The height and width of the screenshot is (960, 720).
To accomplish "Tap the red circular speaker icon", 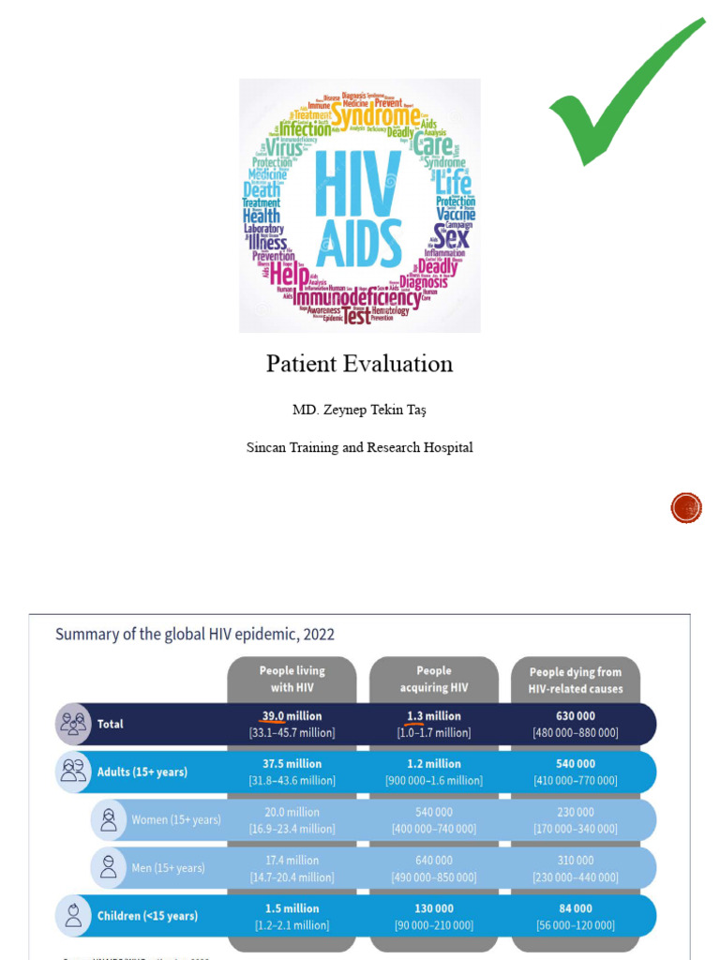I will [x=686, y=508].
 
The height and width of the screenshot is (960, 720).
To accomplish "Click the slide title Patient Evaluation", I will [x=359, y=364].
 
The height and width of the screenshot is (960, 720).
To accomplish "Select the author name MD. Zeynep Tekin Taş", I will [x=359, y=411].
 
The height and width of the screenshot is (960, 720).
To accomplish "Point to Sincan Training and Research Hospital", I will [x=359, y=447].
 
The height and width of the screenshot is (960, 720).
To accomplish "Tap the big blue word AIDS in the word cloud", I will [x=359, y=244].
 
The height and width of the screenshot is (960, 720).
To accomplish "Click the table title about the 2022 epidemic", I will [x=195, y=634].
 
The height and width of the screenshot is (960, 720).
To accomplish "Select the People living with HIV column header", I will [x=292, y=679].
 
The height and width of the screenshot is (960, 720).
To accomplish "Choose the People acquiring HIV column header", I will [x=433, y=679].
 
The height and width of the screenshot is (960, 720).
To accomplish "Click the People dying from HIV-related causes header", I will [x=576, y=680].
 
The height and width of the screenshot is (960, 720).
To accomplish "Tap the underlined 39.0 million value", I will [x=291, y=716].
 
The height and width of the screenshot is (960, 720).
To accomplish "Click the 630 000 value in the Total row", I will [x=576, y=716].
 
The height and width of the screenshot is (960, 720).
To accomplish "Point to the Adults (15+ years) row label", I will [x=142, y=772].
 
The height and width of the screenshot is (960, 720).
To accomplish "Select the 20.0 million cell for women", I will [x=291, y=812].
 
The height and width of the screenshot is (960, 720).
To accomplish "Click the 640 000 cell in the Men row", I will [x=433, y=860].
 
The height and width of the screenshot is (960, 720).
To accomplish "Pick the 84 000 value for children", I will [x=576, y=908].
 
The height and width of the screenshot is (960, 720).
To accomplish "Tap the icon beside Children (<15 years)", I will [x=73, y=915].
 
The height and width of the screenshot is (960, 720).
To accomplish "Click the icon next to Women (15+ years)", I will [x=109, y=819].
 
